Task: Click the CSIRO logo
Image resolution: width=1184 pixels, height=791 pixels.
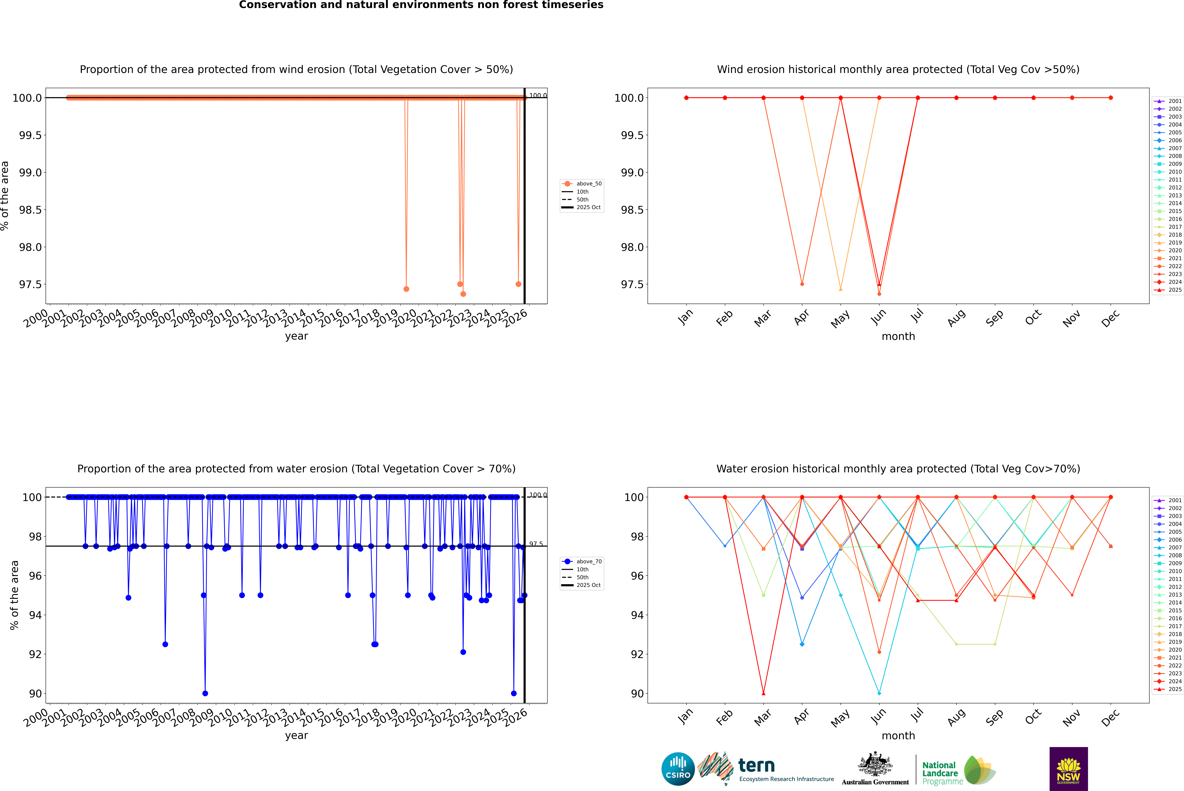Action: pos(678,769)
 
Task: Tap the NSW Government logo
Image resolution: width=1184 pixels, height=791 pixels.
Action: pos(1068,769)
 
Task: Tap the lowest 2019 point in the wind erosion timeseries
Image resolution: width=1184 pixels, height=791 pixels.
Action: pos(406,289)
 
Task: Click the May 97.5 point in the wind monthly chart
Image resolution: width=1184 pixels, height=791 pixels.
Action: pos(840,289)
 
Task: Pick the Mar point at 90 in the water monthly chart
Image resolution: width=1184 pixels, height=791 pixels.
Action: pos(763,693)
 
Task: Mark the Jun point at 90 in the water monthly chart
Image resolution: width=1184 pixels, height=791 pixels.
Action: pos(879,693)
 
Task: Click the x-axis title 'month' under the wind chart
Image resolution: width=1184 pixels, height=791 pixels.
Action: pos(898,337)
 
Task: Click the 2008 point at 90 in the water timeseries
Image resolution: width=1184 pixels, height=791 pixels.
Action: pos(205,693)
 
